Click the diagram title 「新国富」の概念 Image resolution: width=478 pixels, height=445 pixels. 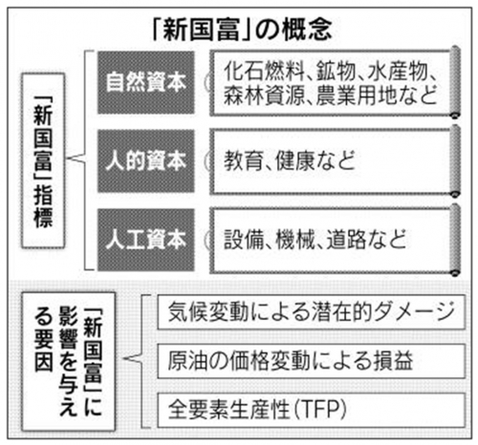pyautogui.click(x=242, y=30)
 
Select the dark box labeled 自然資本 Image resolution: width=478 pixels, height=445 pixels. pyautogui.click(x=146, y=82)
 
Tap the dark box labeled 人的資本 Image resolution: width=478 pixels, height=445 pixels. pyautogui.click(x=146, y=161)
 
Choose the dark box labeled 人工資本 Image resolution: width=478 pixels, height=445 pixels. pyautogui.click(x=146, y=240)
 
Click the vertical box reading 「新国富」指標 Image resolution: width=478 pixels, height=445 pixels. pyautogui.click(x=43, y=160)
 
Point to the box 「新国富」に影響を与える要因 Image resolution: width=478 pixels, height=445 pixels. pyautogui.click(x=68, y=362)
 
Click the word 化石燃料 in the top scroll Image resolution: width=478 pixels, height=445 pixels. pyautogui.click(x=264, y=72)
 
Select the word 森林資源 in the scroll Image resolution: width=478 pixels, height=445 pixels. pyautogui.click(x=264, y=95)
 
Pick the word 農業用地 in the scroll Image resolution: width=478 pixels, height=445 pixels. pyautogui.click(x=356, y=95)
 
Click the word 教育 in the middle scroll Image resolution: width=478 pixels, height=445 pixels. pyautogui.click(x=244, y=160)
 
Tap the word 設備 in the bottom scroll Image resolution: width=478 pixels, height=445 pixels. pyautogui.click(x=244, y=240)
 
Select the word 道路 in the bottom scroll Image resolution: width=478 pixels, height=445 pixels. pyautogui.click(x=346, y=240)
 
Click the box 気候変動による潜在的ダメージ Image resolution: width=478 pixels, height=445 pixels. pyautogui.click(x=312, y=312)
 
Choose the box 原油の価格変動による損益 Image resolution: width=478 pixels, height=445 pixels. pyautogui.click(x=312, y=361)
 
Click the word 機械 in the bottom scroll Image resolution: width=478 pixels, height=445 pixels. pyautogui.click(x=295, y=240)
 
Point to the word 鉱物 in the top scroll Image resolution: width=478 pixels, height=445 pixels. pyautogui.click(x=336, y=72)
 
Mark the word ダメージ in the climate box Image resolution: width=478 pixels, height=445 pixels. pyautogui.click(x=415, y=311)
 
